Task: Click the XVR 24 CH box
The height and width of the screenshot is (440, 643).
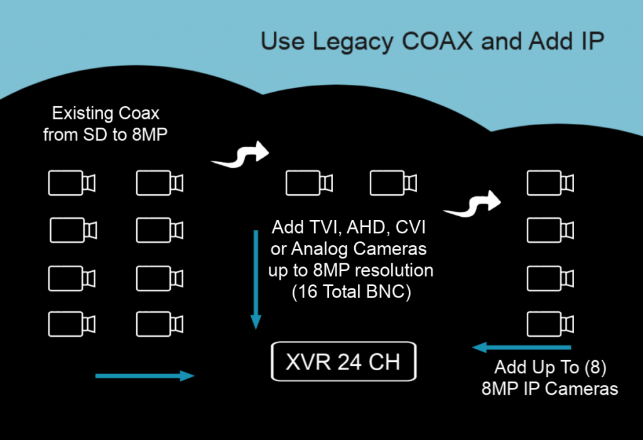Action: (343, 361)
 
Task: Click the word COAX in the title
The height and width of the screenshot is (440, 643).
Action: (437, 41)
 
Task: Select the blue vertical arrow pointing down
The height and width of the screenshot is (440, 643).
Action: (256, 280)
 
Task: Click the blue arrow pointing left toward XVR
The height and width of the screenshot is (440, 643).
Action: (522, 347)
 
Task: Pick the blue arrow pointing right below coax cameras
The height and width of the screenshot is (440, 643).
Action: (145, 375)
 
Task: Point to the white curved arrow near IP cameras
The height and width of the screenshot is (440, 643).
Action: (473, 204)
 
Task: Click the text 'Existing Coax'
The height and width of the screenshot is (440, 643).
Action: (105, 113)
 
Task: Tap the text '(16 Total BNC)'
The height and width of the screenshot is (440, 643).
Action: (352, 292)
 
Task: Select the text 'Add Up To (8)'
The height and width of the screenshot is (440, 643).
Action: (550, 367)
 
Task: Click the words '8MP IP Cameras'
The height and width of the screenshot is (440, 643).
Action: (550, 388)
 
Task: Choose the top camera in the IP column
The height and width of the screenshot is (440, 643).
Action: (550, 183)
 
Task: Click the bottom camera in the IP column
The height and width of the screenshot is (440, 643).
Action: (550, 324)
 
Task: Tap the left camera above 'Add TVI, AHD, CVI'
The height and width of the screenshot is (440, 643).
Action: (309, 183)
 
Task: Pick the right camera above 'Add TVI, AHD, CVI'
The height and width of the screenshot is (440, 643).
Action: (393, 183)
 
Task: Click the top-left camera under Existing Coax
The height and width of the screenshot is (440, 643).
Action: (72, 183)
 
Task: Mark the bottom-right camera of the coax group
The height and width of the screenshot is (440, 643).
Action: (160, 324)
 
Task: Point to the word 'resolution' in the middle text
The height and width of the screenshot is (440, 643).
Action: (394, 270)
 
